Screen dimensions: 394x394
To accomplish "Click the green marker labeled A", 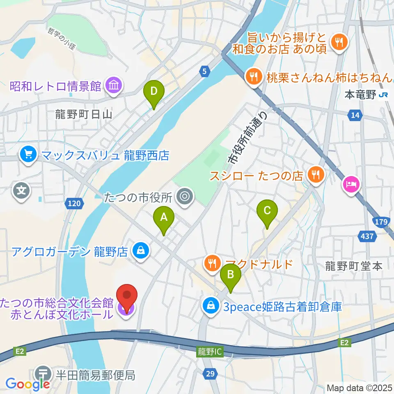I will click(x=164, y=218).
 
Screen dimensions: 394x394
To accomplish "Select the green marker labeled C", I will click(x=267, y=211).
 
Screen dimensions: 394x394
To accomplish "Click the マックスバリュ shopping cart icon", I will click(x=28, y=156).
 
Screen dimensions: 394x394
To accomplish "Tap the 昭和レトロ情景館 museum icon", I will click(x=112, y=86).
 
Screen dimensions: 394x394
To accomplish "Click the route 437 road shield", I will click(x=367, y=236).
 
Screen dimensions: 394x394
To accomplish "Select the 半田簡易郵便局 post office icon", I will click(x=43, y=373).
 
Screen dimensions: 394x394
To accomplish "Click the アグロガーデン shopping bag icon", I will click(x=141, y=250).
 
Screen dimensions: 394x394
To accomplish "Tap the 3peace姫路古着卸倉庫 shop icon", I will click(x=211, y=306).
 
